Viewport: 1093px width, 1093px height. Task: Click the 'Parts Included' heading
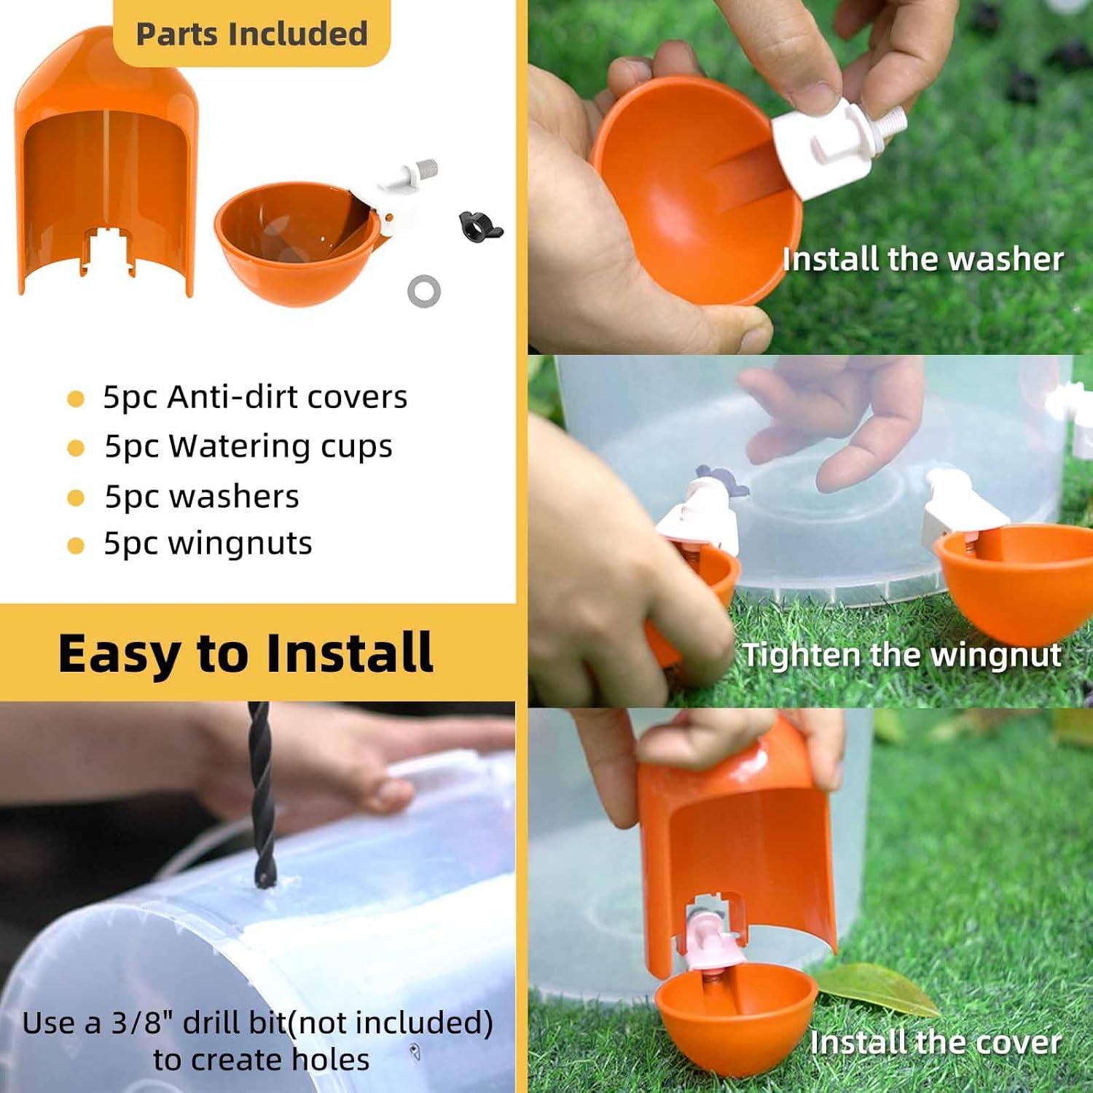click(251, 34)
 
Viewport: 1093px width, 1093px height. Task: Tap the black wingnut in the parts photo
click(479, 227)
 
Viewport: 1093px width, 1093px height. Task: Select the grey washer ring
click(423, 291)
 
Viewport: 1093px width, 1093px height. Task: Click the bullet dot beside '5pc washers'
click(76, 498)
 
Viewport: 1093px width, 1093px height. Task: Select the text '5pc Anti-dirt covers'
click(254, 397)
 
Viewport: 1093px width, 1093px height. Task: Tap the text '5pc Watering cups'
click(248, 446)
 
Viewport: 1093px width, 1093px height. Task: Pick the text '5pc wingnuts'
click(208, 544)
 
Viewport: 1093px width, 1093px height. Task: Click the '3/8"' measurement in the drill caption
click(142, 1023)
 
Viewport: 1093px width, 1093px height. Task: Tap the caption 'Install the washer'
click(922, 259)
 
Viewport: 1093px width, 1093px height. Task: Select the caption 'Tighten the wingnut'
click(901, 654)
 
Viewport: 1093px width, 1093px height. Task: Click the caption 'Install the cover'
click(935, 1042)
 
